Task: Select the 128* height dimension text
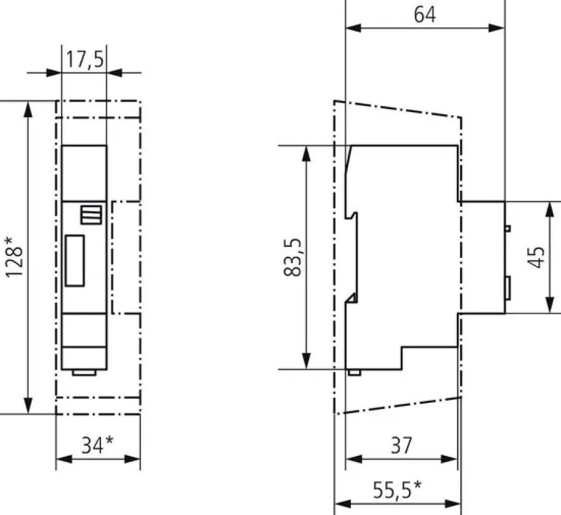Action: coord(15,257)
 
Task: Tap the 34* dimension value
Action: coord(97,445)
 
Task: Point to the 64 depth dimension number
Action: coord(424,15)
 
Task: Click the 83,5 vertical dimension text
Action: coord(293,257)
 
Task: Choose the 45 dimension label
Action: coord(536,257)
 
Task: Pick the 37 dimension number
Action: coord(401,445)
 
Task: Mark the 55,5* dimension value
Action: coord(397,489)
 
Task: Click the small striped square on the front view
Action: coord(91,214)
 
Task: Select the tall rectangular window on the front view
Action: coord(75,261)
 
